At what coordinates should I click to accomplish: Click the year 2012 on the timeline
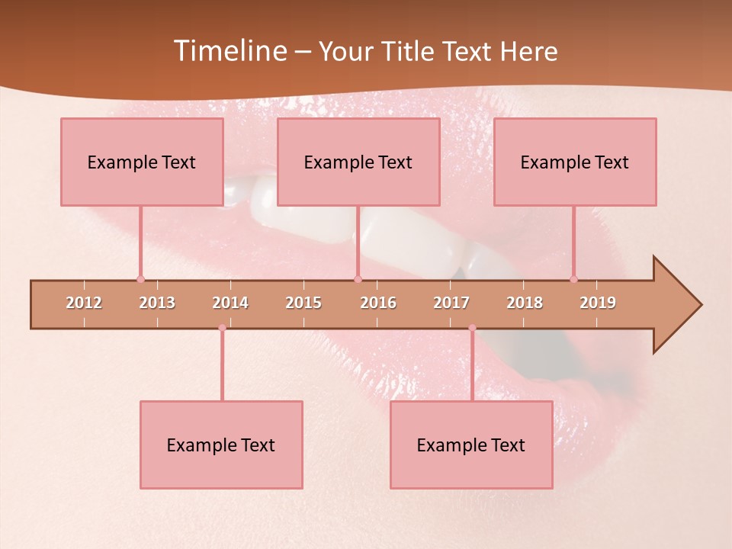click(84, 303)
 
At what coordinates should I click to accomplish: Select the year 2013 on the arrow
click(157, 303)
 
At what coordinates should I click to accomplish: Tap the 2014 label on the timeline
click(230, 303)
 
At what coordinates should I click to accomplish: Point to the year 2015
click(303, 303)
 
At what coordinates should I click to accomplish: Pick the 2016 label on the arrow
click(378, 303)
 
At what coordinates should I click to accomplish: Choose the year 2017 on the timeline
click(451, 303)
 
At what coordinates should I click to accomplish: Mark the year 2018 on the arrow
click(525, 303)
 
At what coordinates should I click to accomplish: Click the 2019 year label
click(598, 303)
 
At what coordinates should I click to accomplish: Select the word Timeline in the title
click(231, 51)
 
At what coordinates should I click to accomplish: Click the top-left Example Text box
click(142, 162)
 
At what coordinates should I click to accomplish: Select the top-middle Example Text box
click(358, 162)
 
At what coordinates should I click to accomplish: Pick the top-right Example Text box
click(575, 162)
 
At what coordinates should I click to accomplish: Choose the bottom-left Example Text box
click(221, 445)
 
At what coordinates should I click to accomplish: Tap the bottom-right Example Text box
click(471, 445)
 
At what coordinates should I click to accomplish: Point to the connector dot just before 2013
click(140, 279)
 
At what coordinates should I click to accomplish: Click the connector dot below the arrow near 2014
click(222, 328)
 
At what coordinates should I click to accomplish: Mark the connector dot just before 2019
click(573, 279)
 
